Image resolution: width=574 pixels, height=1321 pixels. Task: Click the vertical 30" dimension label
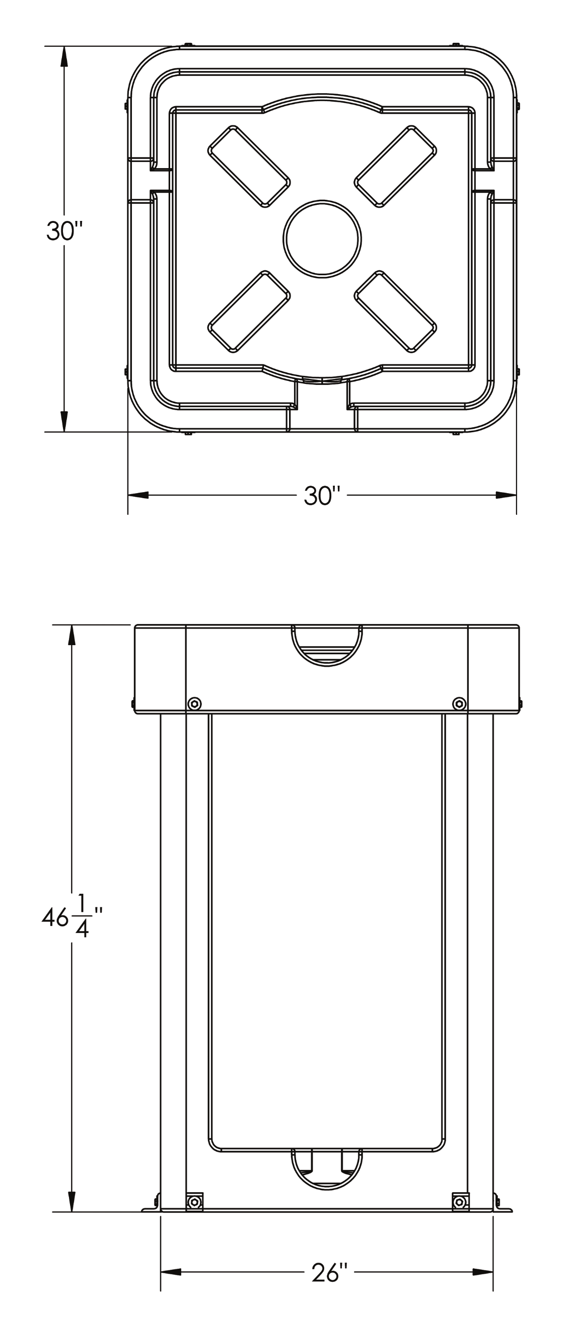[x=64, y=231]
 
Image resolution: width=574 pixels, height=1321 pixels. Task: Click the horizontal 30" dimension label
[x=322, y=496]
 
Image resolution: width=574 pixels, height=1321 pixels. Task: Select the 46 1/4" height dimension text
[x=72, y=917]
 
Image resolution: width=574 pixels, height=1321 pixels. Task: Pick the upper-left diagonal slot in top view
[x=249, y=166]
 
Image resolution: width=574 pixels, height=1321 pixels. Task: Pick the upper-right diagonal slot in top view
[x=395, y=166]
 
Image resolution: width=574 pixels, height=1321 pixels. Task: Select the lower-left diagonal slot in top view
[x=249, y=312]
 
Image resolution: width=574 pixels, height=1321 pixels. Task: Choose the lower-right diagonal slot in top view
[x=395, y=312]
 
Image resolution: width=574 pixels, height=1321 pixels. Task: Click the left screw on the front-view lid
[x=194, y=704]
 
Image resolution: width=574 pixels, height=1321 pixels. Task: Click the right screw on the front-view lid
[x=460, y=704]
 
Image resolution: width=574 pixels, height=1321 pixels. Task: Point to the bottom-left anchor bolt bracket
[x=194, y=1202]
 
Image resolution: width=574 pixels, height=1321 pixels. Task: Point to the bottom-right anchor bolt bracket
[x=460, y=1202]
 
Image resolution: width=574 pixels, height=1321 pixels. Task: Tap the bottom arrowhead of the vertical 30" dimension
[x=64, y=421]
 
